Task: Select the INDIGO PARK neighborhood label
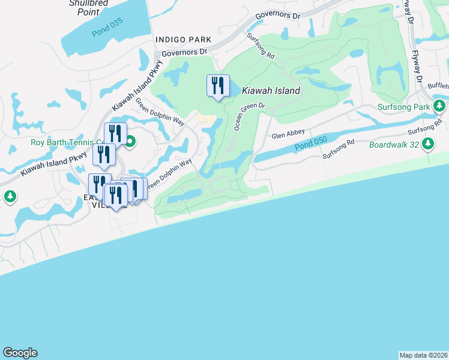[184, 40]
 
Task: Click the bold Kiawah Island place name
[271, 91]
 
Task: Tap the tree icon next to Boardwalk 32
[428, 144]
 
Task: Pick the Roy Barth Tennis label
[66, 142]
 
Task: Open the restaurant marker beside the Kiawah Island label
[218, 85]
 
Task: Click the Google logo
[20, 353]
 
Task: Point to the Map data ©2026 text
[423, 355]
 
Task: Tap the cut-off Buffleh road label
[438, 86]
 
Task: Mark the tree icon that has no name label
[10, 196]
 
